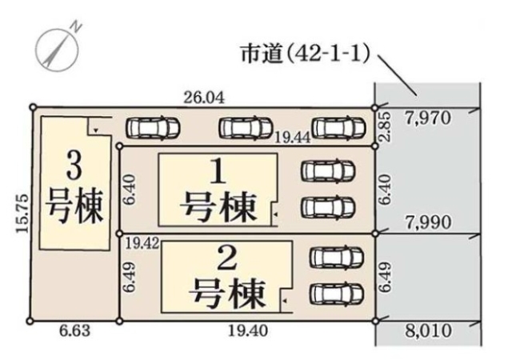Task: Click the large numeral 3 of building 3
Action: click(x=73, y=166)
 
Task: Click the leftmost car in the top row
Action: click(x=152, y=127)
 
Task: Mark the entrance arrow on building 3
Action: click(x=95, y=129)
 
